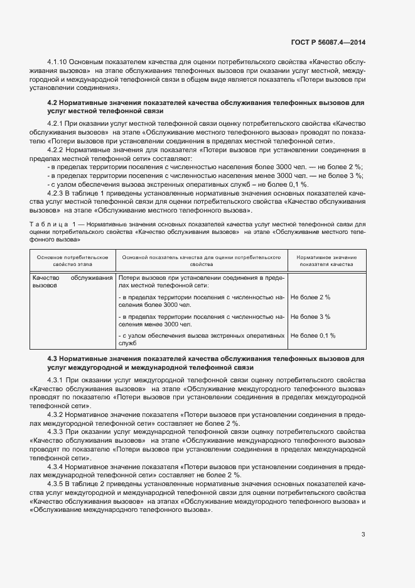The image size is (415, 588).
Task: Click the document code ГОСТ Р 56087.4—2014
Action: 328,43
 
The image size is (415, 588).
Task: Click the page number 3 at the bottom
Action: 363,535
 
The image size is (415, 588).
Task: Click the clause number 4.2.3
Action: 55,194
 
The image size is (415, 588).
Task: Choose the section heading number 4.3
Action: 53,358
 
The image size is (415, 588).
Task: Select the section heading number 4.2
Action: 53,102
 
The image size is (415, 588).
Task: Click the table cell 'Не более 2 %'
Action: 310,297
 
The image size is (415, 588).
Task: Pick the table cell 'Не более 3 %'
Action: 310,316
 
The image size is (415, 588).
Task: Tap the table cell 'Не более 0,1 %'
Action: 313,336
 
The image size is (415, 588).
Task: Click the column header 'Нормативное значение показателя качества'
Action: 326,261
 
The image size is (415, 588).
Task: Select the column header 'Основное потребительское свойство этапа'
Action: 72,261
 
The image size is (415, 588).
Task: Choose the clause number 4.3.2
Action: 55,416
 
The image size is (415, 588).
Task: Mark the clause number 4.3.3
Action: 55,433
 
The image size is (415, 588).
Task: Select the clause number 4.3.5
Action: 55,483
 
